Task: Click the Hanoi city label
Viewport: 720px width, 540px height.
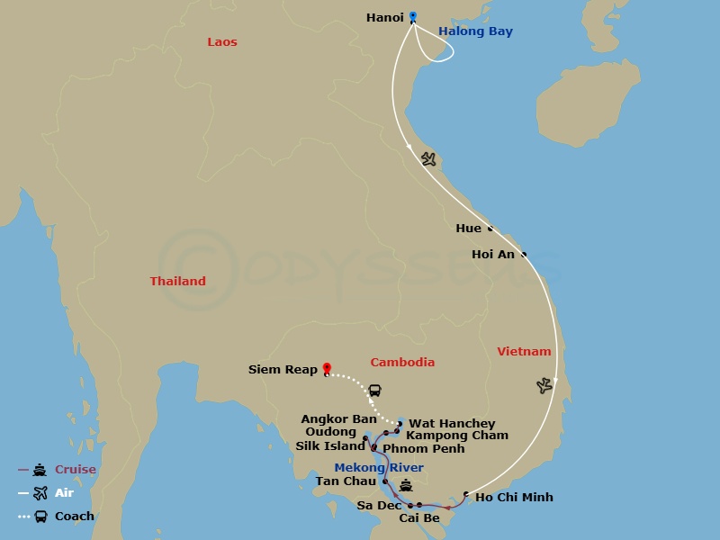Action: [x=384, y=17]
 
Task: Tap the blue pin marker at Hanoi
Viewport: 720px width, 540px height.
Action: [x=413, y=16]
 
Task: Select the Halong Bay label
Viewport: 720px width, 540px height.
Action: [x=475, y=31]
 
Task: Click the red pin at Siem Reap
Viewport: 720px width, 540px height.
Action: [x=327, y=368]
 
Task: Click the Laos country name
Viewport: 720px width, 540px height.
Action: [x=222, y=42]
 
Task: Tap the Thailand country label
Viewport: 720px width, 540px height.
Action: [x=177, y=281]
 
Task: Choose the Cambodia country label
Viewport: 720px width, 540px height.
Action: [x=402, y=362]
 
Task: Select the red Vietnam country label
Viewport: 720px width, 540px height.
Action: [x=524, y=351]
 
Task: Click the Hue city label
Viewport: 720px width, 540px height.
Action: [x=468, y=229]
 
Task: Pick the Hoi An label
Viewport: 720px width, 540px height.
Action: [x=493, y=255]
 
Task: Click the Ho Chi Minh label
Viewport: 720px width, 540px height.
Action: [x=514, y=497]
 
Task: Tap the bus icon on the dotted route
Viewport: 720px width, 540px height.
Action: [x=374, y=391]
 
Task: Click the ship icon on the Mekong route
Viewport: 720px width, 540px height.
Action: [x=406, y=486]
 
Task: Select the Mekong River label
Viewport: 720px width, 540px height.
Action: [x=379, y=468]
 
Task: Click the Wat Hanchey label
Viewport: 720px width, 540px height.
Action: [x=452, y=424]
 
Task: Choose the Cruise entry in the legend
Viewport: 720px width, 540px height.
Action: [x=75, y=470]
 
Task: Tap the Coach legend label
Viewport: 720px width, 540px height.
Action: [x=75, y=517]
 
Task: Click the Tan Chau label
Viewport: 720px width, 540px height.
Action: [x=346, y=481]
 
